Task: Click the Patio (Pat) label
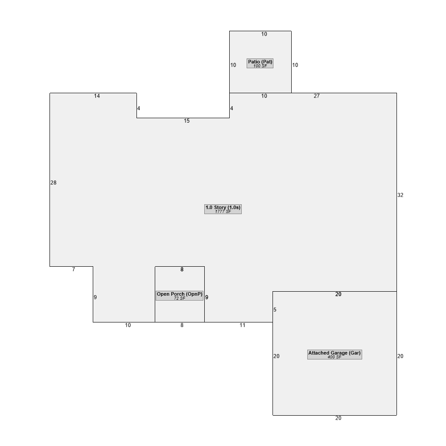coord(260,62)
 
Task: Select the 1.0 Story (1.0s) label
coord(223,207)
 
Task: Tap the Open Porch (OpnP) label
coord(179,294)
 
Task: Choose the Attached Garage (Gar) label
coord(334,353)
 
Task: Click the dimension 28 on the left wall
coord(54,182)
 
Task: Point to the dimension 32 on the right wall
coord(400,195)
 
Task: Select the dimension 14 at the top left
coord(97,96)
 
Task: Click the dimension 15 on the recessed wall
coord(186,121)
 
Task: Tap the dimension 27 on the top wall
coord(317,96)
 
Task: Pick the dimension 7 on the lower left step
coord(74,269)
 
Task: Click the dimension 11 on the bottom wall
coord(242,325)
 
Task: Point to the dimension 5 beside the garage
coord(275,310)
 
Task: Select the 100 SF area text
coord(260,66)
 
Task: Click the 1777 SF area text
coord(223,211)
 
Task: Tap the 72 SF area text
coord(179,298)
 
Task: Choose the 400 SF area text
coord(334,357)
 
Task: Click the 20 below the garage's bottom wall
coord(338,418)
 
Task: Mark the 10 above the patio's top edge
coord(264,34)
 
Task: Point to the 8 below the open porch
coord(182,325)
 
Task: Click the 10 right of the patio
coord(295,65)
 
